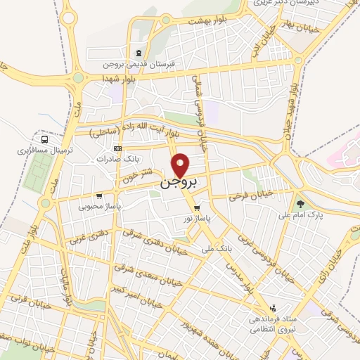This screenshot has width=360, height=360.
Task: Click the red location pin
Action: (x=181, y=165)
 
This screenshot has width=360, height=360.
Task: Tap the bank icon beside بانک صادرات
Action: (x=117, y=149)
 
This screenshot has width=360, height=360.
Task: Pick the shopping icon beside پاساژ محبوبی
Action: (x=101, y=196)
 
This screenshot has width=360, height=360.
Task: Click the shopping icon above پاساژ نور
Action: (x=197, y=208)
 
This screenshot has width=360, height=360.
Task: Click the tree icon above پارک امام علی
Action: (x=300, y=202)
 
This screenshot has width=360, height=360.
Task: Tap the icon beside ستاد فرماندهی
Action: (x=273, y=309)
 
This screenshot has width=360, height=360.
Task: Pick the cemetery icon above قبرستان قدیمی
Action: (x=138, y=53)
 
